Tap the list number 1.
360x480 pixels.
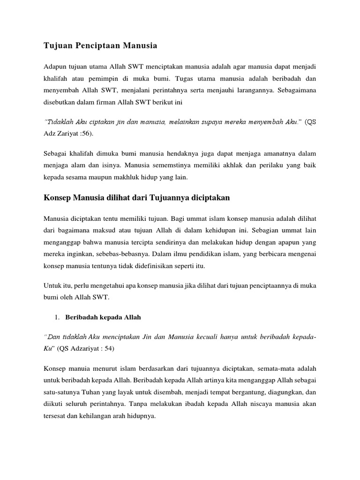[57, 317]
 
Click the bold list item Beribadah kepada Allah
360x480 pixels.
[103, 317]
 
